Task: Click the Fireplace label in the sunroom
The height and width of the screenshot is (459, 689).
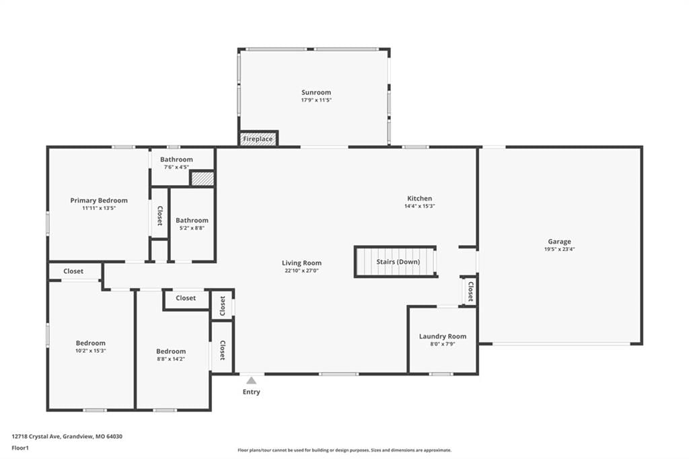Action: coord(258,139)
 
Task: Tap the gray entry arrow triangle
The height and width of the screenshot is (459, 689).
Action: coord(251,381)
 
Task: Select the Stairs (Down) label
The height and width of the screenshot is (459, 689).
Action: coord(398,262)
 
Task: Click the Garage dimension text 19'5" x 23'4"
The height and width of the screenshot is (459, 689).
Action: coord(559,249)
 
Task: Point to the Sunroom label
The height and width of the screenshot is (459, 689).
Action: coord(316,92)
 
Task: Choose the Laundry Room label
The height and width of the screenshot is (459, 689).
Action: coord(443,337)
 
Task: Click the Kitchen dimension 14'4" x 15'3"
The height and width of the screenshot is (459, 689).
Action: coord(420,206)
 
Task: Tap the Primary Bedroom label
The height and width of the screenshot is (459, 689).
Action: coord(99,201)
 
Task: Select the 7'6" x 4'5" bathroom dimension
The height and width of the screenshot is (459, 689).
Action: coord(176,168)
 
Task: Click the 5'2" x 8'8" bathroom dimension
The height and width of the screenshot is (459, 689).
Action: coord(192,228)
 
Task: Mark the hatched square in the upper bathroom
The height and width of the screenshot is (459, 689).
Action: coord(202,179)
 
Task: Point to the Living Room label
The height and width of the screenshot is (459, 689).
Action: coord(301,263)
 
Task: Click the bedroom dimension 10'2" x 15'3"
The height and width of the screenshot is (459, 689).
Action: coord(91,351)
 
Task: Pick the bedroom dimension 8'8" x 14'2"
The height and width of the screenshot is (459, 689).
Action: coord(171,359)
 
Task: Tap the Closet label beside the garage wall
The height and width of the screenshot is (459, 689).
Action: coord(470,291)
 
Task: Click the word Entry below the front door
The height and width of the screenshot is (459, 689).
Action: coord(252,392)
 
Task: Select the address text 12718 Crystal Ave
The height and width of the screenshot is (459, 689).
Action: coord(36,437)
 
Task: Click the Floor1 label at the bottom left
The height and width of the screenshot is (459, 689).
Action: coord(20,448)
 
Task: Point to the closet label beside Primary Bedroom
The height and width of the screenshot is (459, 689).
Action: coord(160,216)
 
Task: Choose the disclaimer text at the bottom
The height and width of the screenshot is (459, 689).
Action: coord(344,450)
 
